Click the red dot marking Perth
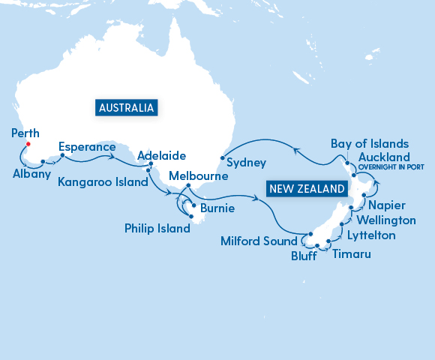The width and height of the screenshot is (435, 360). [x=28, y=143]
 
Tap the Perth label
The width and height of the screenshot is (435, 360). [x=26, y=133]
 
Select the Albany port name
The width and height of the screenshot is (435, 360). [x=31, y=174]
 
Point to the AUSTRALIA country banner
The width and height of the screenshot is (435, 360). [x=126, y=107]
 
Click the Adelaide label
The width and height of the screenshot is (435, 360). [x=162, y=156]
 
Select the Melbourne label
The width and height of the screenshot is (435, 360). [x=198, y=175]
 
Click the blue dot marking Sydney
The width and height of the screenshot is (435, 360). [x=223, y=158]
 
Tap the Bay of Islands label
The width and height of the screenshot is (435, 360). [x=370, y=143]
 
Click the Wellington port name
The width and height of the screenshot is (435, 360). [x=386, y=220]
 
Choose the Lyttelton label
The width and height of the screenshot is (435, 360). [x=371, y=235]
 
